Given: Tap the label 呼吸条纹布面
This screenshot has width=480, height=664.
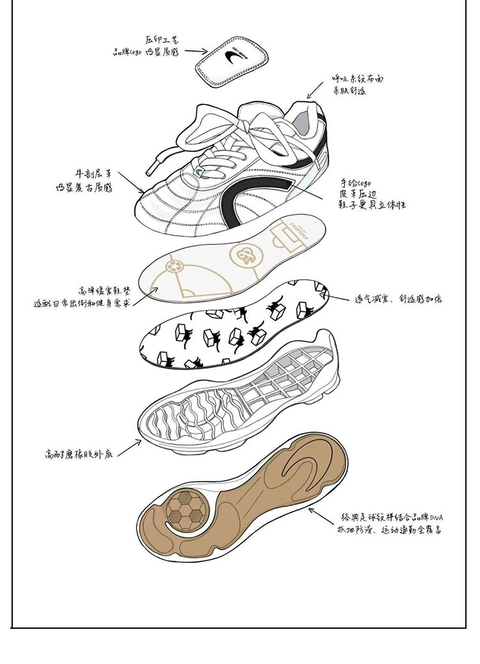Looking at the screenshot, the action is tap(356, 78).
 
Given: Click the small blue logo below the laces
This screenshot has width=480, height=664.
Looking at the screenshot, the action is tap(200, 172).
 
